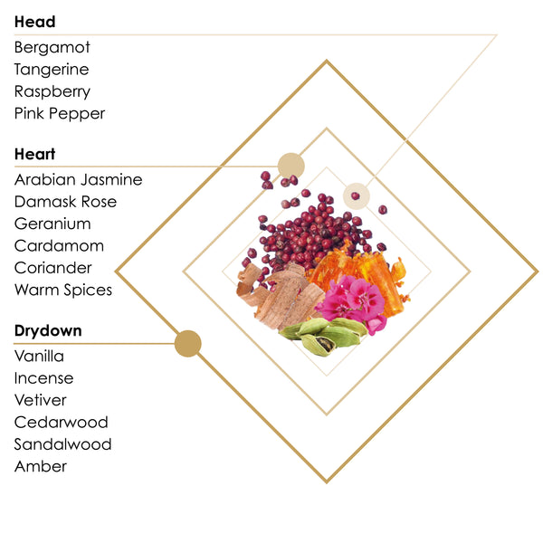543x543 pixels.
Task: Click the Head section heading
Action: pos(34,22)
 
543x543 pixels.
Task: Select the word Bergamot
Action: pos(52,47)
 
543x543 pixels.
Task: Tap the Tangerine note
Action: pos(52,70)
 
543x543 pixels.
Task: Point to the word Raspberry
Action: pos(52,91)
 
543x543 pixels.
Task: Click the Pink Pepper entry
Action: pos(60,114)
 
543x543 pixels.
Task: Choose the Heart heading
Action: pos(34,154)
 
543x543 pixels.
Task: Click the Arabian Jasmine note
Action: pos(78,180)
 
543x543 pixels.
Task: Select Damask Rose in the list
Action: pos(65,202)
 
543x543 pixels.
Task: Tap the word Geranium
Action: pos(52,224)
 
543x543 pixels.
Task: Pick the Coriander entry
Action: pos(53,268)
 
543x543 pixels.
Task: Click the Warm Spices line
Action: pos(63,291)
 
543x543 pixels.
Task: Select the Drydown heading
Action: pos(48,330)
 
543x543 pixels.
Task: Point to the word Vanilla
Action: pos(39,357)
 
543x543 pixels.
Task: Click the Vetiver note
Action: pos(40,400)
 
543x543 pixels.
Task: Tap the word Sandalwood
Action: pos(62,444)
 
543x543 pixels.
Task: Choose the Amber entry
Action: pos(41,466)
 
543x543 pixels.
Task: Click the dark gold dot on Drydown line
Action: pos(187,344)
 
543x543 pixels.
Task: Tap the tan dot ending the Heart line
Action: pos(291,167)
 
